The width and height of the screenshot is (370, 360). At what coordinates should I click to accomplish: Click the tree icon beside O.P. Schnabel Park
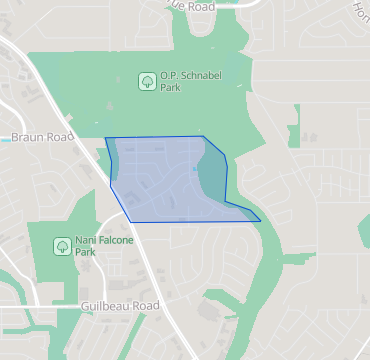pyautogui.click(x=146, y=80)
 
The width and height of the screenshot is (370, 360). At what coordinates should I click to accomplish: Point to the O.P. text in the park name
pyautogui.click(x=168, y=75)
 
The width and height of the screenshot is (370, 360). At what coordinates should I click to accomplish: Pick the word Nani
pyautogui.click(x=85, y=240)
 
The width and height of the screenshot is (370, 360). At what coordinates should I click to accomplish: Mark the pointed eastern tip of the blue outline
pyautogui.click(x=260, y=220)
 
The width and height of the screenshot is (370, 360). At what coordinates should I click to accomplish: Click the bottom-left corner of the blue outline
pyautogui.click(x=131, y=221)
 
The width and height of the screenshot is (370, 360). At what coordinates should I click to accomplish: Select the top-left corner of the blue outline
pyautogui.click(x=105, y=138)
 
